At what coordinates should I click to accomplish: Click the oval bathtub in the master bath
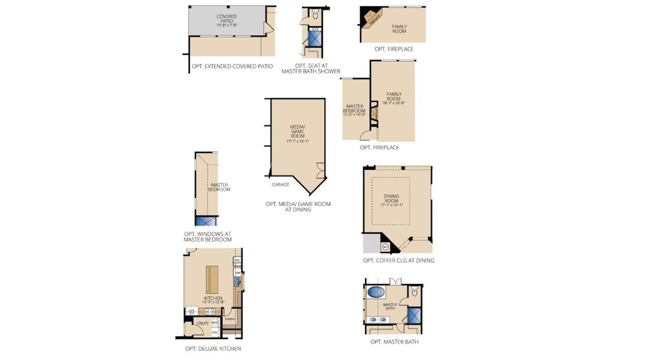376,293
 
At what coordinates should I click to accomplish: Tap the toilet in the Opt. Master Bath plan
414,292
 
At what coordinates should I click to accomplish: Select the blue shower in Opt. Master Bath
414,316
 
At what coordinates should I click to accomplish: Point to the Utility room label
202,323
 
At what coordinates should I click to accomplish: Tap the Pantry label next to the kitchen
229,319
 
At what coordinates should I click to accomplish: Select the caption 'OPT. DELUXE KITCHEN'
213,349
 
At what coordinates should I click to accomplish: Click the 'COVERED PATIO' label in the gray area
226,20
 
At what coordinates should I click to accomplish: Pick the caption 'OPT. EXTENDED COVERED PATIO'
232,66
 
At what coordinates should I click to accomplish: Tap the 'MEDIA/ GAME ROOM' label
298,131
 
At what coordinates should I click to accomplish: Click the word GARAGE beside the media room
280,184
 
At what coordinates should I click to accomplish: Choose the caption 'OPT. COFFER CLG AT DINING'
398,260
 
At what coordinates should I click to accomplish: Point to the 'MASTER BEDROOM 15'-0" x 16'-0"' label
354,110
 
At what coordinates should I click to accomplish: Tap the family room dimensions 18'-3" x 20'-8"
393,103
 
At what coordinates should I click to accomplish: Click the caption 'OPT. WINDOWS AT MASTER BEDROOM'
208,237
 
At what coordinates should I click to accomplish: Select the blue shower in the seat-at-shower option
315,38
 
